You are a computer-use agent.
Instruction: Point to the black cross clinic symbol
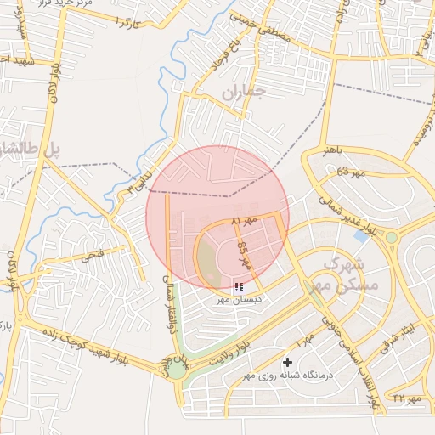tap(288, 363)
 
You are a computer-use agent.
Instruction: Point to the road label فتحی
tap(92, 254)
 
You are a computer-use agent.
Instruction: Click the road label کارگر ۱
tap(128, 21)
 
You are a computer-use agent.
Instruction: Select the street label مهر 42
tap(407, 398)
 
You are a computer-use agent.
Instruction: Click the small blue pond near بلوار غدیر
tap(361, 235)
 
